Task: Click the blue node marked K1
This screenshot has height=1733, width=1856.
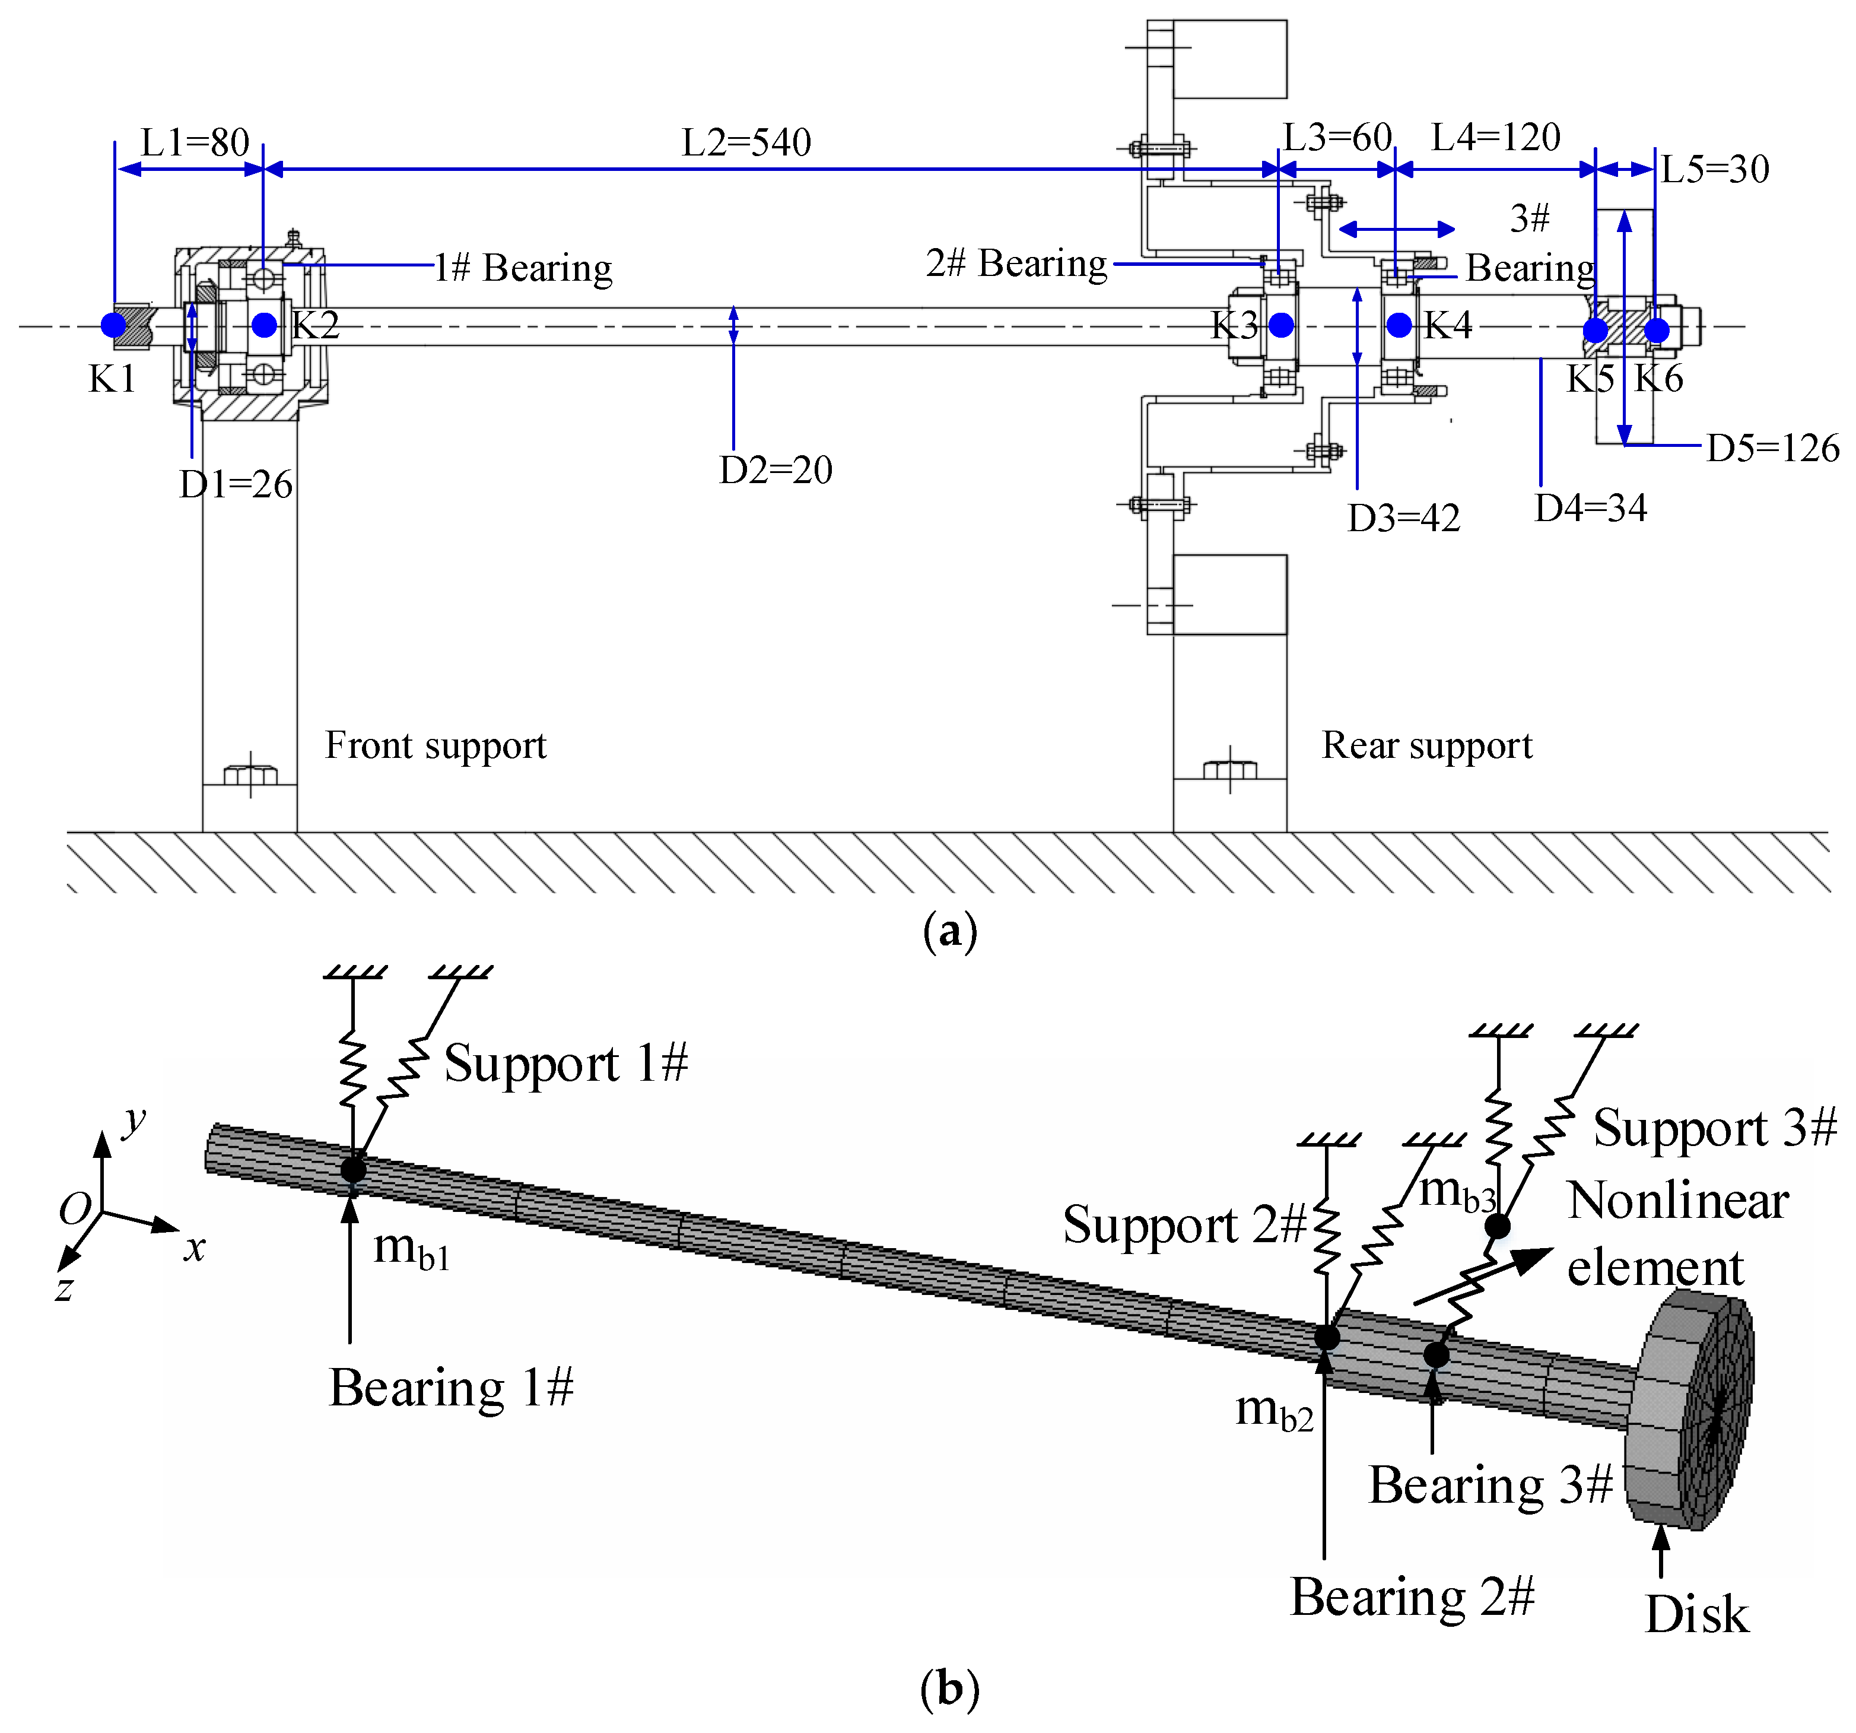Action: [114, 325]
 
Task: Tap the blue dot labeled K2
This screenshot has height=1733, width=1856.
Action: [264, 325]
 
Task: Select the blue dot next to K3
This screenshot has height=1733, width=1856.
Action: [1281, 325]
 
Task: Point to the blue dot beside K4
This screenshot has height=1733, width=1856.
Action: [1399, 325]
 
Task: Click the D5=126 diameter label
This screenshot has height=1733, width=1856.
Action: [1772, 448]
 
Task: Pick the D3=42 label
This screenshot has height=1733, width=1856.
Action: [1403, 518]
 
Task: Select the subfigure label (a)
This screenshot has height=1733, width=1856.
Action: [949, 932]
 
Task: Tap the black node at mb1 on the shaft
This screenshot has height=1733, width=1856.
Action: [353, 1169]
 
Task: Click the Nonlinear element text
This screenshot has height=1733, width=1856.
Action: [1676, 1233]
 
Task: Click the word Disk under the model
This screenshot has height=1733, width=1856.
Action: [1695, 1614]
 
